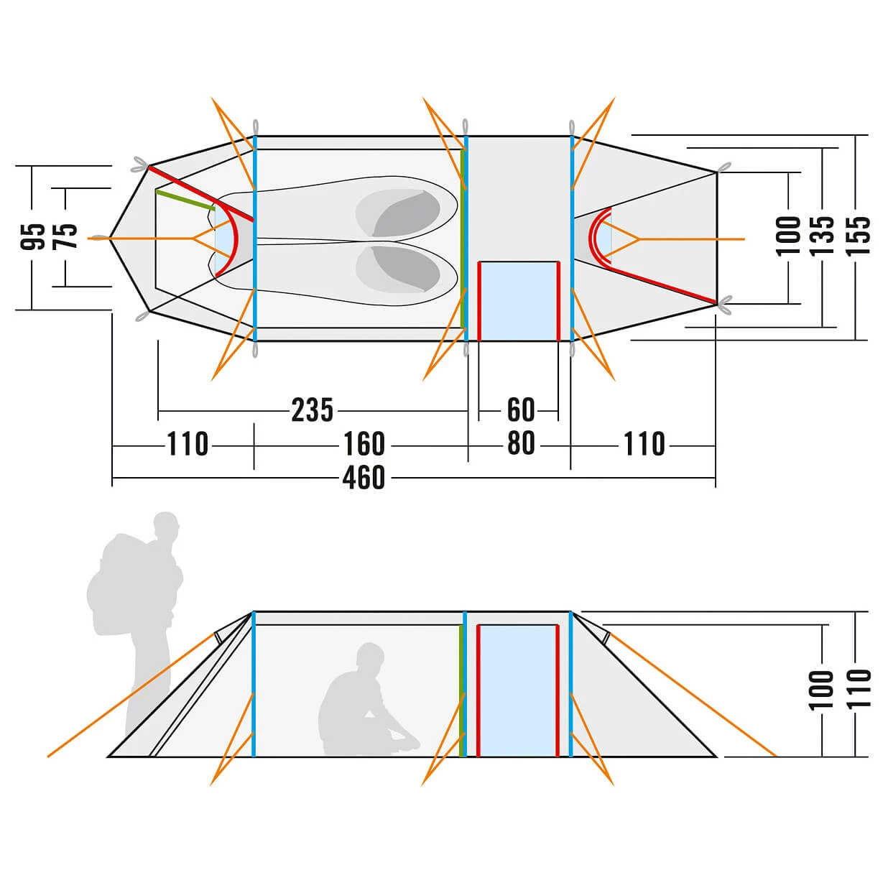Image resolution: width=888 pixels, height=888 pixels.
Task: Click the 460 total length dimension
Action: click(x=364, y=478)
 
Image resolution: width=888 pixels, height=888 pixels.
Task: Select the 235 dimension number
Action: click(x=313, y=410)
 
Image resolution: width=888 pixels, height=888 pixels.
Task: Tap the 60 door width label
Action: click(x=521, y=410)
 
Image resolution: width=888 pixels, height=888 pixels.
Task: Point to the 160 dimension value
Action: click(x=364, y=444)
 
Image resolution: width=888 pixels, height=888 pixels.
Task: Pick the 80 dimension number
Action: click(x=521, y=444)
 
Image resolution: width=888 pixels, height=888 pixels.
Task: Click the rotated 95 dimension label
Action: click(x=33, y=236)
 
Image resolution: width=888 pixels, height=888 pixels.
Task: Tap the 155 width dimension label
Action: click(x=858, y=236)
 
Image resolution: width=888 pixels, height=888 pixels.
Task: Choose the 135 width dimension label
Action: click(x=823, y=236)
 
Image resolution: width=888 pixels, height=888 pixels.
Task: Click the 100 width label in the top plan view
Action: click(x=789, y=236)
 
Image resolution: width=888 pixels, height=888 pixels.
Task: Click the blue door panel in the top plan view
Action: click(x=518, y=300)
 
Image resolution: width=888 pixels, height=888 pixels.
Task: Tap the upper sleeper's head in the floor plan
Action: click(x=406, y=213)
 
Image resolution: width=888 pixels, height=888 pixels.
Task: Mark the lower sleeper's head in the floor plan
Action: click(x=406, y=269)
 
